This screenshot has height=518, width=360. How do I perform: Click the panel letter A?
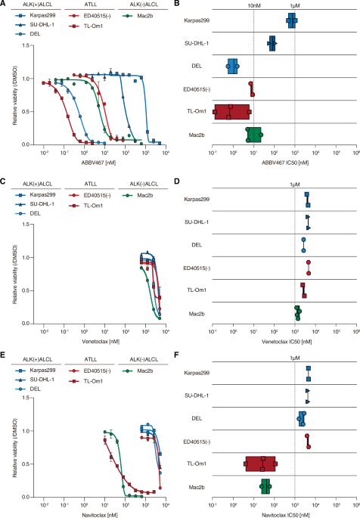coord(2,3)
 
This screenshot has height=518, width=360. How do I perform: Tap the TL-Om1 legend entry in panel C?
coord(86,206)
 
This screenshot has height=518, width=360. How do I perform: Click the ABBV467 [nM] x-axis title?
coord(99,163)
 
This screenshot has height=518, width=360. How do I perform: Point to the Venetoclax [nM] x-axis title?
coord(101,342)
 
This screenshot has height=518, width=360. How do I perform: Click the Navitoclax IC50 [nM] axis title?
coord(286,515)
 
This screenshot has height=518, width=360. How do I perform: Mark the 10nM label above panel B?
coord(254,5)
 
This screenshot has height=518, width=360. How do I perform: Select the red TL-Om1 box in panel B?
coord(231,112)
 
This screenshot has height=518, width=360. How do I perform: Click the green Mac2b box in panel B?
coord(254,135)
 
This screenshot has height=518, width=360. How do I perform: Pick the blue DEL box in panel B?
coord(232,66)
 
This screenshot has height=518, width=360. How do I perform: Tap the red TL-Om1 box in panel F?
coord(260,464)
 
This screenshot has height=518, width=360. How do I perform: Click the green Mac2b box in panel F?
coord(265,486)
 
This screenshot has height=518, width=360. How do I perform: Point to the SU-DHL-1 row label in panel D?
coord(197,222)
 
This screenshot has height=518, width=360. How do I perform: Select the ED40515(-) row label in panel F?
coord(196,442)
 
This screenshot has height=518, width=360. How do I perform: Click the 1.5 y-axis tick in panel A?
coord(26,45)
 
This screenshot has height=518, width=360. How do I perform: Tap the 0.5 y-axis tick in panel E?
coord(26,464)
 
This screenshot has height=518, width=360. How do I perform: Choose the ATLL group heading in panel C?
coord(89,184)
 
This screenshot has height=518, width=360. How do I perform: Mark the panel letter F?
coord(176,355)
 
